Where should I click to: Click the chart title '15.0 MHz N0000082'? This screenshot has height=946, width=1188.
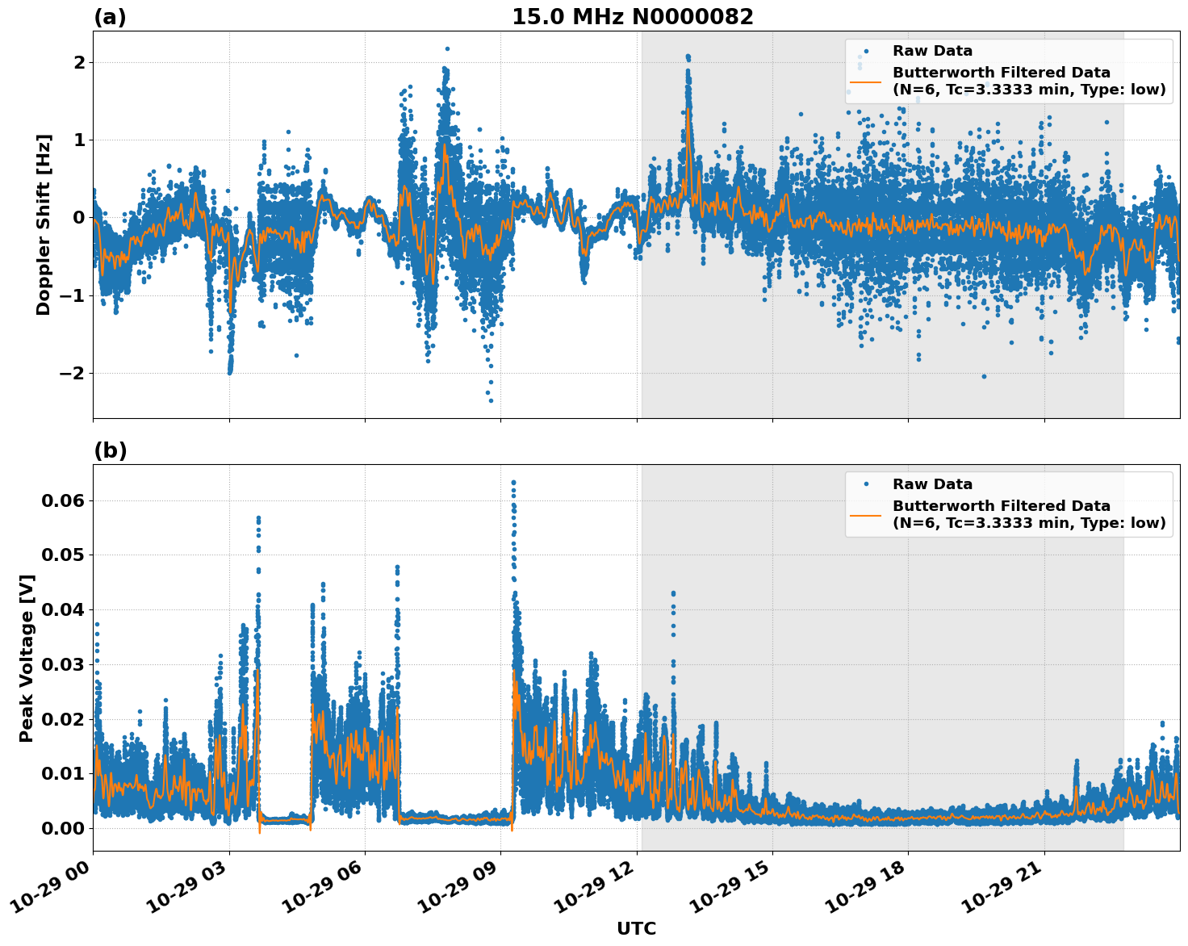pyautogui.click(x=632, y=17)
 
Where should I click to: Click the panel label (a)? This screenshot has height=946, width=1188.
pyautogui.click(x=110, y=17)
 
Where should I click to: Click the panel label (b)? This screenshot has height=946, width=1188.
pyautogui.click(x=110, y=450)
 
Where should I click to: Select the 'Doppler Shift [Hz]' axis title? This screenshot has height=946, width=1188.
pyautogui.click(x=44, y=224)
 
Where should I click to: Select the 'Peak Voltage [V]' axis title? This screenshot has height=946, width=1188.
pyautogui.click(x=27, y=658)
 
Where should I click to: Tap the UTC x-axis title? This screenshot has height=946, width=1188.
pyautogui.click(x=636, y=928)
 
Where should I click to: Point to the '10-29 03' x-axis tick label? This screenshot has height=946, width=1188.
pyautogui.click(x=187, y=891)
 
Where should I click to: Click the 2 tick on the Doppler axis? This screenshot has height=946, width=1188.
pyautogui.click(x=78, y=62)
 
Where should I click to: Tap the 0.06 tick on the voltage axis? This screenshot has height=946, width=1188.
pyautogui.click(x=63, y=500)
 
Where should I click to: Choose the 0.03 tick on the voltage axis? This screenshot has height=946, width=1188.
pyautogui.click(x=63, y=664)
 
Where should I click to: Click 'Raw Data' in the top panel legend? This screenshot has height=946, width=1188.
pyautogui.click(x=932, y=51)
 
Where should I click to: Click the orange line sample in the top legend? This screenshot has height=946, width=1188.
pyautogui.click(x=865, y=81)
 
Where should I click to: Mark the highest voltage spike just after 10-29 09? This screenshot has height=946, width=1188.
pyautogui.click(x=513, y=483)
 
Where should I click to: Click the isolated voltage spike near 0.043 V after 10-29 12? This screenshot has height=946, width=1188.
pyautogui.click(x=673, y=594)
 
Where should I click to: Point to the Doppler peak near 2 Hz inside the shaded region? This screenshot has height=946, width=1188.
pyautogui.click(x=688, y=57)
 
